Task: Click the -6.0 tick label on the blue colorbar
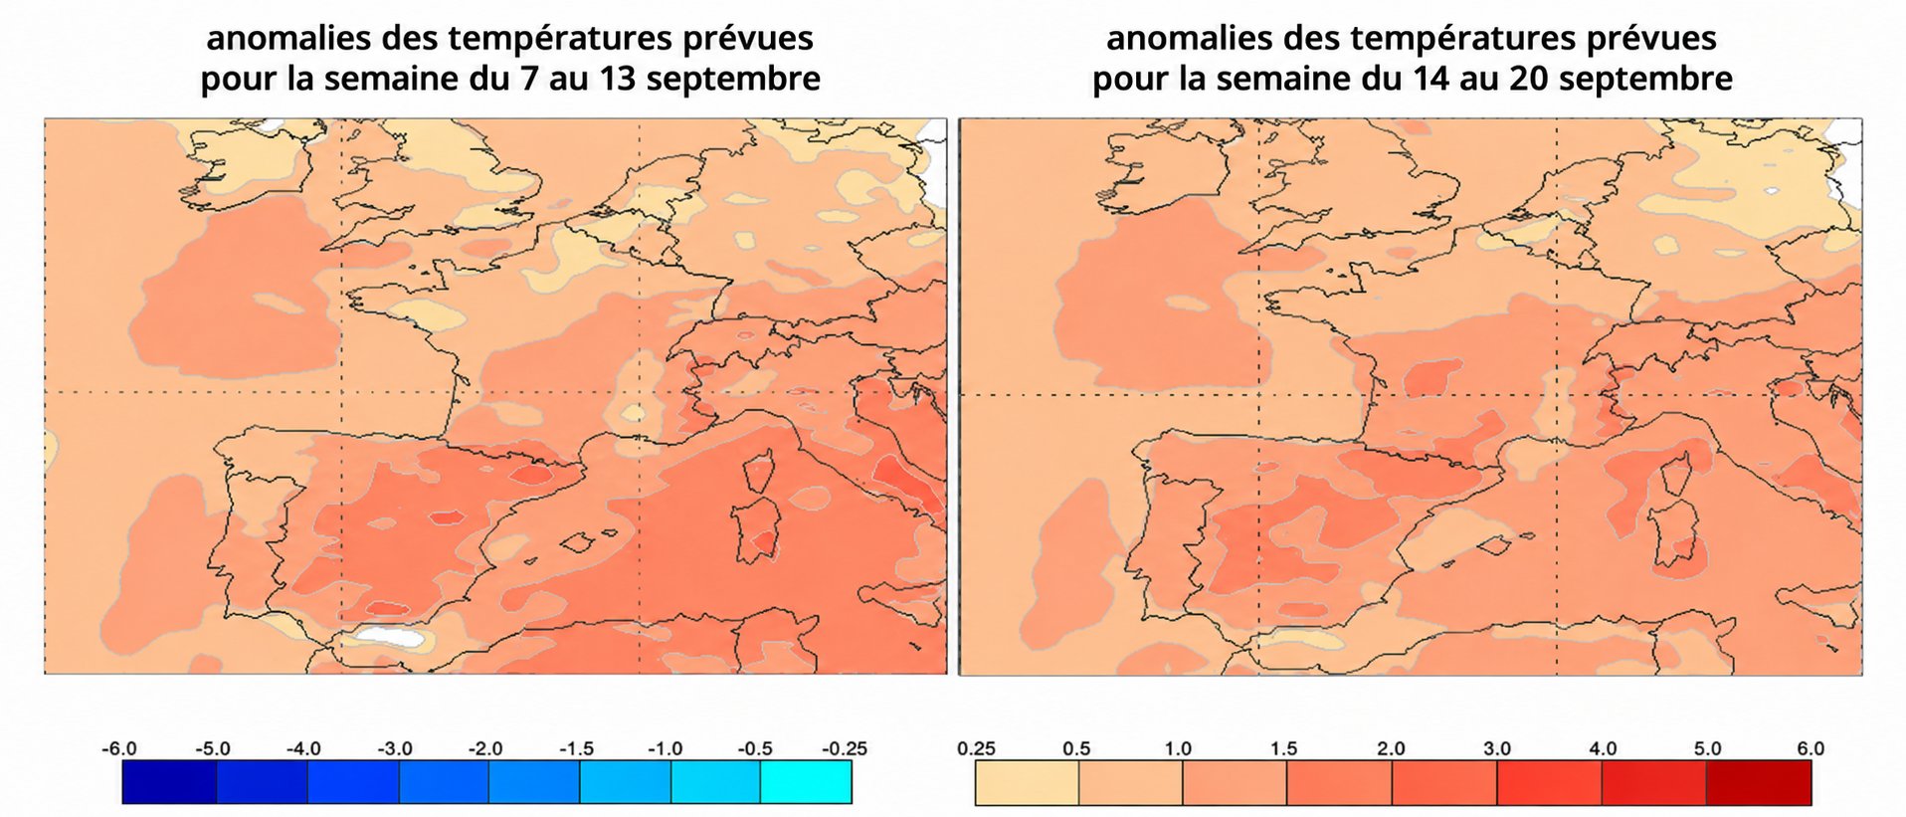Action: point(119,748)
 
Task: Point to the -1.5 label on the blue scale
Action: point(577,748)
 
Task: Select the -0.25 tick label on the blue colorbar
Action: point(845,748)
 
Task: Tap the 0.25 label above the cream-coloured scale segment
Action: point(976,748)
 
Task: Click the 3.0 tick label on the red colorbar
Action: point(1497,748)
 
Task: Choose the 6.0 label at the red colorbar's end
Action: point(1811,748)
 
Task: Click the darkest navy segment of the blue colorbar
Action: point(169,782)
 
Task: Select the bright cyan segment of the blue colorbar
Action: point(806,782)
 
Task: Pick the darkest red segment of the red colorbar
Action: point(1759,784)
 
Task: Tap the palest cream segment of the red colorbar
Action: point(1028,784)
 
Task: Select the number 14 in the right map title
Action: point(1432,78)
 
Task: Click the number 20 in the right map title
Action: point(1530,78)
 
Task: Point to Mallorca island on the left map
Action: point(577,542)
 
